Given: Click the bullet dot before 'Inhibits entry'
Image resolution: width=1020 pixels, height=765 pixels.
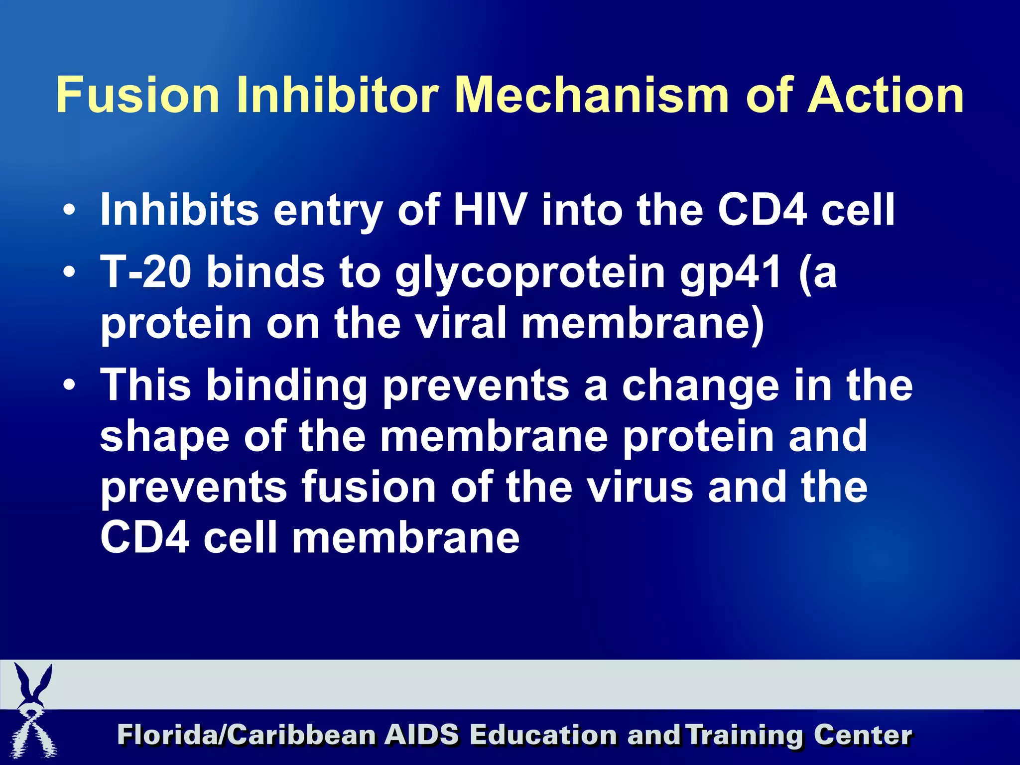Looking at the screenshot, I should pyautogui.click(x=70, y=210).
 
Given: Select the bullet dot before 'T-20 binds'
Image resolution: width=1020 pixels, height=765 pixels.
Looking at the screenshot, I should pyautogui.click(x=70, y=272).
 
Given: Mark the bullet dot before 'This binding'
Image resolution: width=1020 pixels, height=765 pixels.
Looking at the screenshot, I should pyautogui.click(x=70, y=385).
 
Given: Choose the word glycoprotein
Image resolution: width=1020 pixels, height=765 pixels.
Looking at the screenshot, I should pyautogui.click(x=530, y=274).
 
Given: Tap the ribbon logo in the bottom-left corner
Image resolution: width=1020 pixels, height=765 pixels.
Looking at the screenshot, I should pyautogui.click(x=33, y=712).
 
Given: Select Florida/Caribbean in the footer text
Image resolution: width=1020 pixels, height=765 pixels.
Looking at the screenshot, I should pyautogui.click(x=247, y=735).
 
